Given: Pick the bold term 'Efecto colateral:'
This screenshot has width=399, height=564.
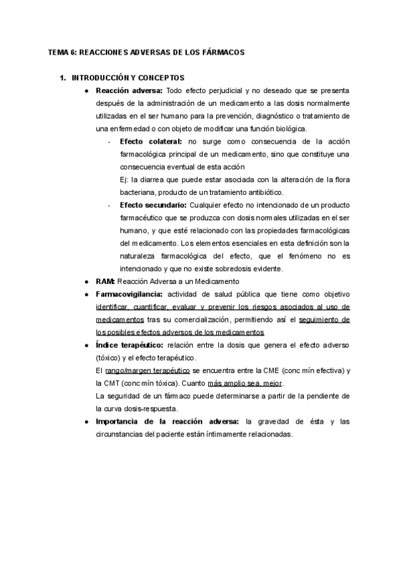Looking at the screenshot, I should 151,142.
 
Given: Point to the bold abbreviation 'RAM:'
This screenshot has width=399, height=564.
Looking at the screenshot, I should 106,281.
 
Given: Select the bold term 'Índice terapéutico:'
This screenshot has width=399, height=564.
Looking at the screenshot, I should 130,345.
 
